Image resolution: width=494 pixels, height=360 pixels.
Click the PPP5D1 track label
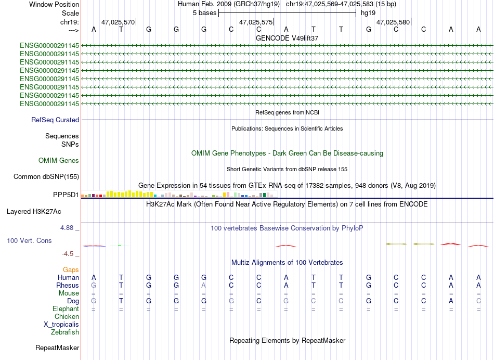tap(66, 195)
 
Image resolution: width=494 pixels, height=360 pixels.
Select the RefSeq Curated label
tap(55, 120)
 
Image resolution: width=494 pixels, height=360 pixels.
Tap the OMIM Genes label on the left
tap(59, 160)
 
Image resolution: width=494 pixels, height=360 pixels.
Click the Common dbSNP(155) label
tap(46, 176)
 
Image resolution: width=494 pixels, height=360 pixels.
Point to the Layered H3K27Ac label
tap(34, 212)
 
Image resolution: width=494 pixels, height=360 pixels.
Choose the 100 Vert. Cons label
tap(29, 240)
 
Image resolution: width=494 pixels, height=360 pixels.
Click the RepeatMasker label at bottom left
tap(57, 348)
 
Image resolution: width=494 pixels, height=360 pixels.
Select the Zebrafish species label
tap(65, 332)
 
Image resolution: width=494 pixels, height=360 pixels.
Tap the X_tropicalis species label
tap(61, 325)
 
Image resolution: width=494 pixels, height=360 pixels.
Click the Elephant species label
tap(66, 308)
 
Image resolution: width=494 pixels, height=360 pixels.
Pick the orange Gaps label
tap(71, 269)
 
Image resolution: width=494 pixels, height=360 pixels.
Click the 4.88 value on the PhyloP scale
tap(67, 227)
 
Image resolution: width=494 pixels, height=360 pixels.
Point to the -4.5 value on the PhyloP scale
tap(68, 254)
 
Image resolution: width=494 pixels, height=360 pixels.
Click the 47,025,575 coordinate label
tap(256, 22)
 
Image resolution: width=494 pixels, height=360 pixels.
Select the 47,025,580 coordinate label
tap(393, 22)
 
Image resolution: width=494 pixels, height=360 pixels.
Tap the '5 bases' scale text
tap(205, 13)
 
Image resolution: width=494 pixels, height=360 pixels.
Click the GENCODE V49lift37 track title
tap(287, 38)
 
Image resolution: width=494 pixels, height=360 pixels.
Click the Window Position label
tap(54, 4)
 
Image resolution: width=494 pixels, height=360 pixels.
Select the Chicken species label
tap(67, 316)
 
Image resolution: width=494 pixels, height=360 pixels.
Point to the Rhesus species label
tap(68, 285)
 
